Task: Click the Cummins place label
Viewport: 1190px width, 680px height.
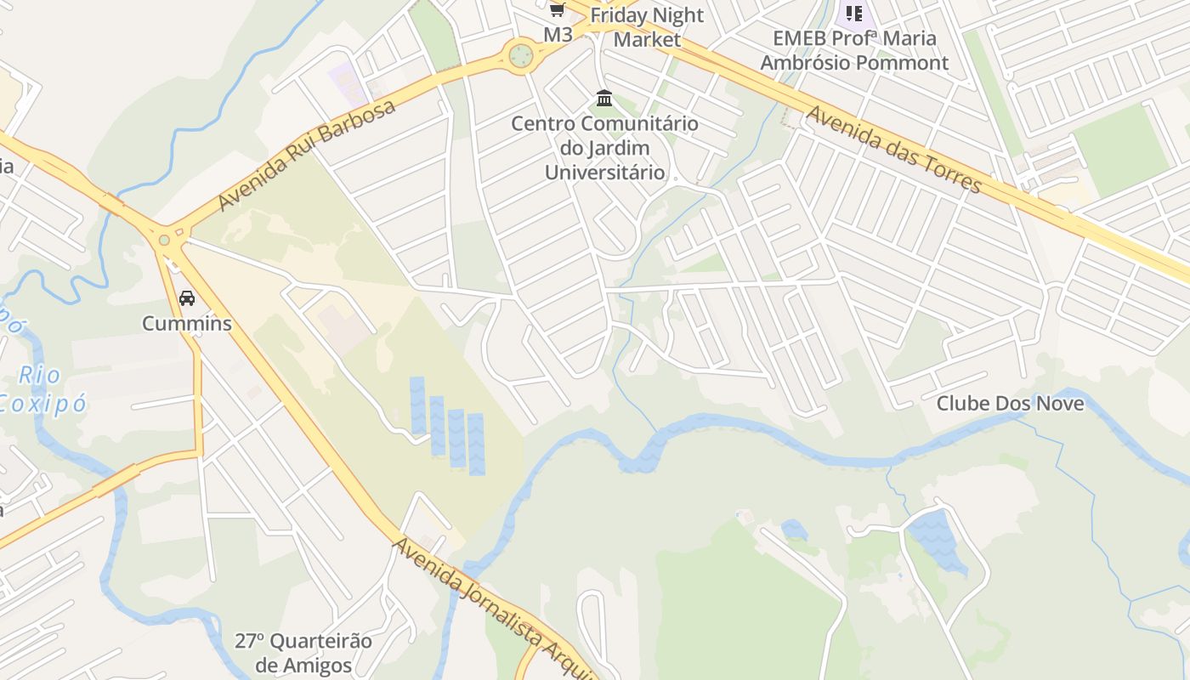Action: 186,323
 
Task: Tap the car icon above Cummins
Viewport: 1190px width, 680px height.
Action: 187,298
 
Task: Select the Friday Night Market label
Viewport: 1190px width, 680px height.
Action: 647,27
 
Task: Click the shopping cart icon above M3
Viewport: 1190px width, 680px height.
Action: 557,10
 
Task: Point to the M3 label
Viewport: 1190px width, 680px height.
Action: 558,35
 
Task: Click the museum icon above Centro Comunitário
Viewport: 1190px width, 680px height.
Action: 604,99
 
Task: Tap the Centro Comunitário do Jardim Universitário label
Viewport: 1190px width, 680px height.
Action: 604,148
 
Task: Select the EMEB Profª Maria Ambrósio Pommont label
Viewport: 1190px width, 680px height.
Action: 854,50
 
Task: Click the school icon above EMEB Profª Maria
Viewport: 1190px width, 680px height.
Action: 853,13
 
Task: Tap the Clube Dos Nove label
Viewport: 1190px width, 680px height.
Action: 1010,403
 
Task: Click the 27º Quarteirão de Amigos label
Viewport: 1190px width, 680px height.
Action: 303,653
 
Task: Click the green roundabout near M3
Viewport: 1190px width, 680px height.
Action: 521,56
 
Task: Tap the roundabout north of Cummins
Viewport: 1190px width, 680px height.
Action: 164,241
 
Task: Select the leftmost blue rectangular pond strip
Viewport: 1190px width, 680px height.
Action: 417,405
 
